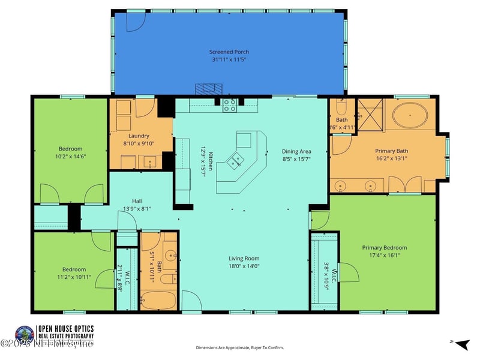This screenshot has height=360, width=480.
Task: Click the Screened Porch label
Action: click(228, 52)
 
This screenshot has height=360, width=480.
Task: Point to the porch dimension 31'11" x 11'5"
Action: click(228, 60)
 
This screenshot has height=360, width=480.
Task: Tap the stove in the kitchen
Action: click(229, 106)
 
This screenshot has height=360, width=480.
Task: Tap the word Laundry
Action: click(139, 136)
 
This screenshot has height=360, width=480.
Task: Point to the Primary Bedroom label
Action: click(384, 247)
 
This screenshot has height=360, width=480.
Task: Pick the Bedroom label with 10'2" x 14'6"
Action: click(70, 149)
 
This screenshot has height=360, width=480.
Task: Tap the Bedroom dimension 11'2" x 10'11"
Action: click(70, 277)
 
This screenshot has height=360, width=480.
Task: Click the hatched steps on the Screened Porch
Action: click(207, 89)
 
